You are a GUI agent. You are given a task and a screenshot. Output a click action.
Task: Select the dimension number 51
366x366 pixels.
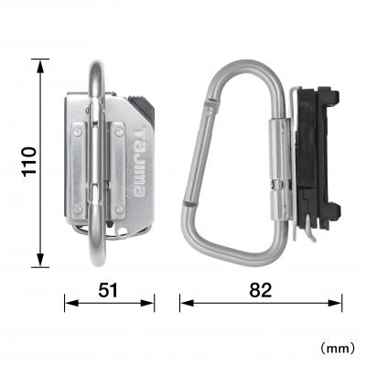[x=109, y=291]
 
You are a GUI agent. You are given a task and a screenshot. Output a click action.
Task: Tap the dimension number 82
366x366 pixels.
[x=261, y=291]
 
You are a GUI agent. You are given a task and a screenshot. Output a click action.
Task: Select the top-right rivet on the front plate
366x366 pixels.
[x=119, y=133]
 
